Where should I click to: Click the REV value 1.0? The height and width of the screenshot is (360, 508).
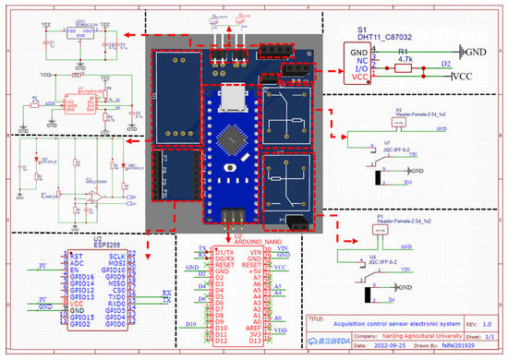pyautogui.click(x=475, y=324)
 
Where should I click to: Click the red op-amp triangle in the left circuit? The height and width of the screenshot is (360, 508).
pyautogui.click(x=94, y=197)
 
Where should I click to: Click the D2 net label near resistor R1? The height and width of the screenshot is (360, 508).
pyautogui.click(x=445, y=65)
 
